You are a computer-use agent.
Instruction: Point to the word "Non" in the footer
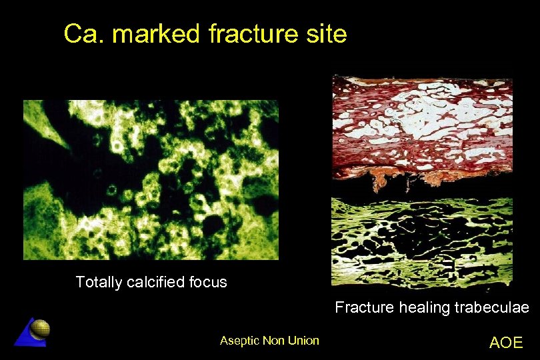pos(273,341)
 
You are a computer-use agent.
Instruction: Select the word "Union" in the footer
pos(303,341)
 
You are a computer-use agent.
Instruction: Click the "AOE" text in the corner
pos(505,343)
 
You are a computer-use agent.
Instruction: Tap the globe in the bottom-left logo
pos(41,328)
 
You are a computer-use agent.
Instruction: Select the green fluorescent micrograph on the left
pos(151,180)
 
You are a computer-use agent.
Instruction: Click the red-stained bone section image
pos(423,127)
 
